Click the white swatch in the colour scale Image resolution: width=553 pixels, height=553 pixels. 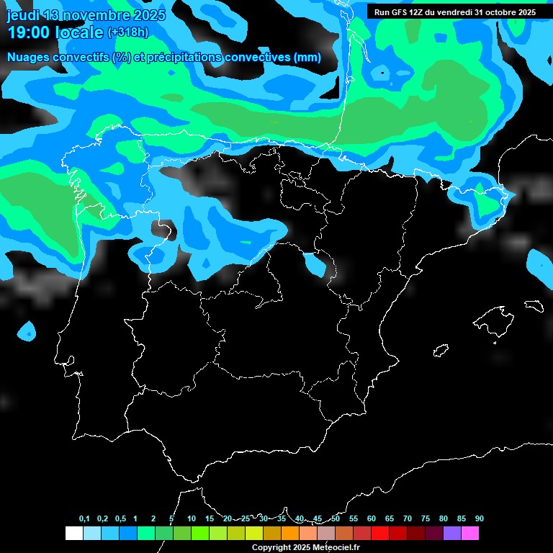[73, 534]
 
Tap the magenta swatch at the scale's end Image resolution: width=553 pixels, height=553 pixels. [470, 534]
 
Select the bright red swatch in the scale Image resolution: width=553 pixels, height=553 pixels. [380, 534]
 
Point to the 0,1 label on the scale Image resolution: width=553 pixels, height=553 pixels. [84, 518]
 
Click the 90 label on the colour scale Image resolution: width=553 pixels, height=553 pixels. [479, 518]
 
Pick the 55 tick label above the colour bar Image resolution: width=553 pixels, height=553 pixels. [353, 518]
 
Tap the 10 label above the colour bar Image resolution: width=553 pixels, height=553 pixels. [191, 518]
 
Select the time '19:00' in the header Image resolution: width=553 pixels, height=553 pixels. [28, 32]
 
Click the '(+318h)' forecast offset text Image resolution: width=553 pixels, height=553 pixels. [127, 32]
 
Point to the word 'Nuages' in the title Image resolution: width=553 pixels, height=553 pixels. [30, 58]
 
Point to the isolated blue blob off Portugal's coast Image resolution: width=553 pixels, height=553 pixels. [27, 332]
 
